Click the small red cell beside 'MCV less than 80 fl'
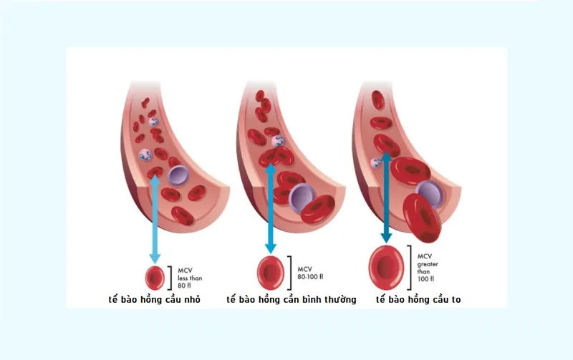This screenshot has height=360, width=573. pyautogui.click(x=155, y=278)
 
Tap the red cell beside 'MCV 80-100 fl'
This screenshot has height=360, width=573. pyautogui.click(x=271, y=273)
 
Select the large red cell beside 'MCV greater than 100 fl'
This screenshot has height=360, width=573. pyautogui.click(x=386, y=267)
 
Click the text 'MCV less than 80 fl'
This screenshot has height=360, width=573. pyautogui.click(x=190, y=278)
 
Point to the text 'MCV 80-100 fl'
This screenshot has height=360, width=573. pyautogui.click(x=310, y=273)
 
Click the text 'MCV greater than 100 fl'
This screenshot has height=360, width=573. pyautogui.click(x=428, y=268)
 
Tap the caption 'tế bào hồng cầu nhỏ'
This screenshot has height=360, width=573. pyautogui.click(x=155, y=300)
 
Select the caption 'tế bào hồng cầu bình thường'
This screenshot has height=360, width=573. pyautogui.click(x=292, y=300)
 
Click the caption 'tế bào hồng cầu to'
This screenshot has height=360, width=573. pyautogui.click(x=418, y=300)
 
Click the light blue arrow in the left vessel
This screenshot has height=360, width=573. pyautogui.click(x=155, y=219)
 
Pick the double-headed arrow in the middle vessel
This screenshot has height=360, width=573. pyautogui.click(x=271, y=208)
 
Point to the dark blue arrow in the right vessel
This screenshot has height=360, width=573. pyautogui.click(x=386, y=198)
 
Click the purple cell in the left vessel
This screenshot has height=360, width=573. pyautogui.click(x=178, y=175)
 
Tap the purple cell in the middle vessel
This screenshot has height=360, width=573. pyautogui.click(x=302, y=198)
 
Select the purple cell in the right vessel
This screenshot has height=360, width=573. pyautogui.click(x=430, y=193)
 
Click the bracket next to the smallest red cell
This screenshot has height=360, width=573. pyautogui.click(x=170, y=278)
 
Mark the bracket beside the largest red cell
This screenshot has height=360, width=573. pyautogui.click(x=409, y=267)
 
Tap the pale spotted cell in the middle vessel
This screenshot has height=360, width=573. pyautogui.click(x=278, y=141)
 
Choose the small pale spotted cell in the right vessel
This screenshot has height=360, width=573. pyautogui.click(x=375, y=163)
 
